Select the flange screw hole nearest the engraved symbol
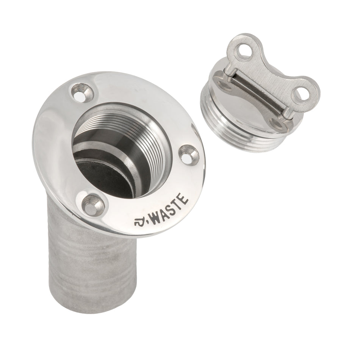point(92,204)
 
